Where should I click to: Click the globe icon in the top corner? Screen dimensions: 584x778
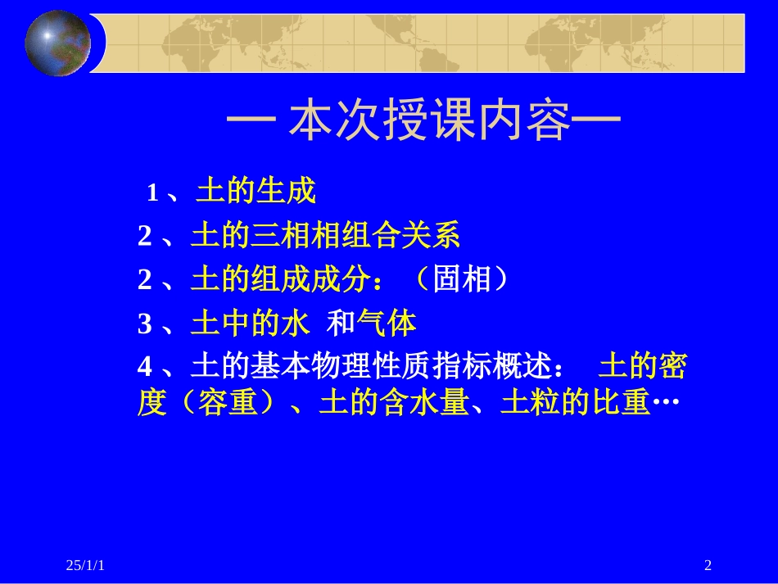[58, 43]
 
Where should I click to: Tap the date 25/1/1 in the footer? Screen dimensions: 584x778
[88, 565]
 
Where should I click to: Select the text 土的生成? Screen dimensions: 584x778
[256, 192]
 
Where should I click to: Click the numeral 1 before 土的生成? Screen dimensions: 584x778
[152, 193]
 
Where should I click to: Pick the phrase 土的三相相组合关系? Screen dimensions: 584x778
[325, 238]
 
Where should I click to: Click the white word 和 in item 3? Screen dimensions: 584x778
[339, 325]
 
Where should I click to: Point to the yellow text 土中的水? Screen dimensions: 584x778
[250, 325]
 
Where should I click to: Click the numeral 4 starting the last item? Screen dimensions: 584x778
[145, 369]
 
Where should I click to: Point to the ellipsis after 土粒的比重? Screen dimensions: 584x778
[667, 403]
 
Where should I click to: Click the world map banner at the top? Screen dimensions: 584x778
[426, 43]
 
